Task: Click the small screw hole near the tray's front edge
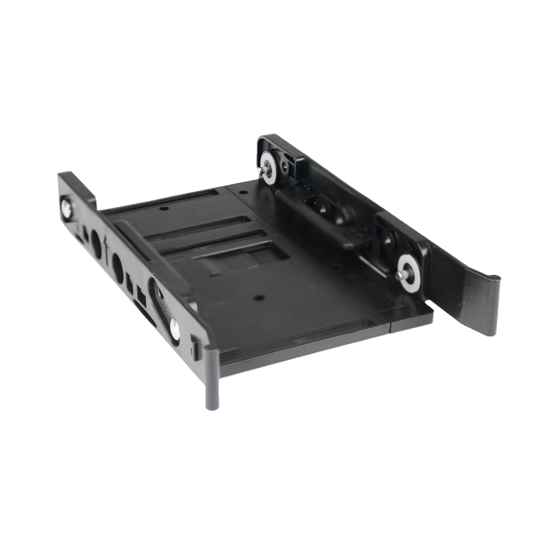258,298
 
